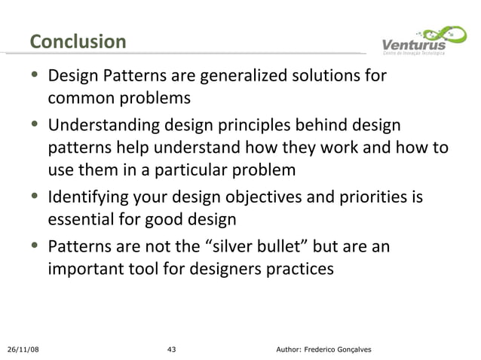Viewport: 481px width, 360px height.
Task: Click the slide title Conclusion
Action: (78, 41)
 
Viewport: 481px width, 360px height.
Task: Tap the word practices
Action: (294, 268)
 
